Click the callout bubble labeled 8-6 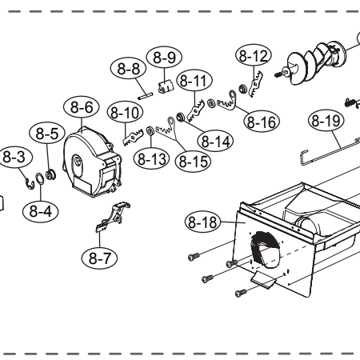(x=82, y=107)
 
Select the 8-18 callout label (x=202, y=222)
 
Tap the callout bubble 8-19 (x=326, y=121)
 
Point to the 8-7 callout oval (x=99, y=258)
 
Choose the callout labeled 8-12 (x=254, y=56)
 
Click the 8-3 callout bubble (x=14, y=157)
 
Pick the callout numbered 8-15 (x=193, y=161)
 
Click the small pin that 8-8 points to (x=146, y=96)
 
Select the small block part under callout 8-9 (x=166, y=86)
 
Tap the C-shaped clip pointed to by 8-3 (x=30, y=184)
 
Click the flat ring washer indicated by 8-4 (x=40, y=178)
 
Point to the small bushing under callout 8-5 (x=50, y=174)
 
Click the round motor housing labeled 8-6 (x=92, y=162)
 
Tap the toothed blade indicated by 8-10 (x=133, y=137)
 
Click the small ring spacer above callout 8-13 (x=150, y=131)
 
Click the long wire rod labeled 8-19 (x=330, y=152)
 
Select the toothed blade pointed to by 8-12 (x=255, y=84)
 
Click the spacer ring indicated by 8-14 (x=181, y=117)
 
